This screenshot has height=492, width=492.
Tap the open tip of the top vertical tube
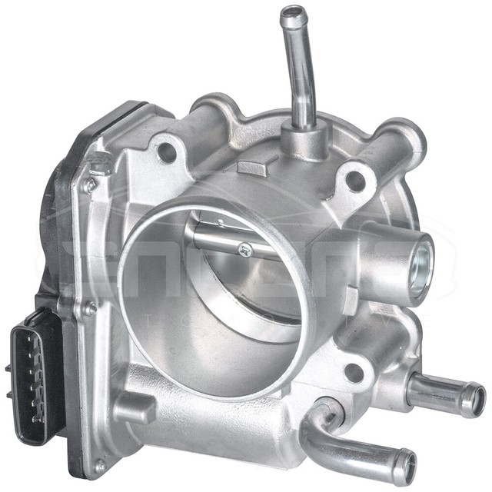[293, 13]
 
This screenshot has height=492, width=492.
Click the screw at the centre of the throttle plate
[245, 248]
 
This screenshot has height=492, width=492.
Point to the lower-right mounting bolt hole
[354, 373]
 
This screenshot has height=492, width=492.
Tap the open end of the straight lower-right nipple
[477, 400]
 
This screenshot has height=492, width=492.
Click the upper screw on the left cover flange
[91, 185]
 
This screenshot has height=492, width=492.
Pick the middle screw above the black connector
[90, 309]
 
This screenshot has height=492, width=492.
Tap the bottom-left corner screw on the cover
[99, 465]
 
